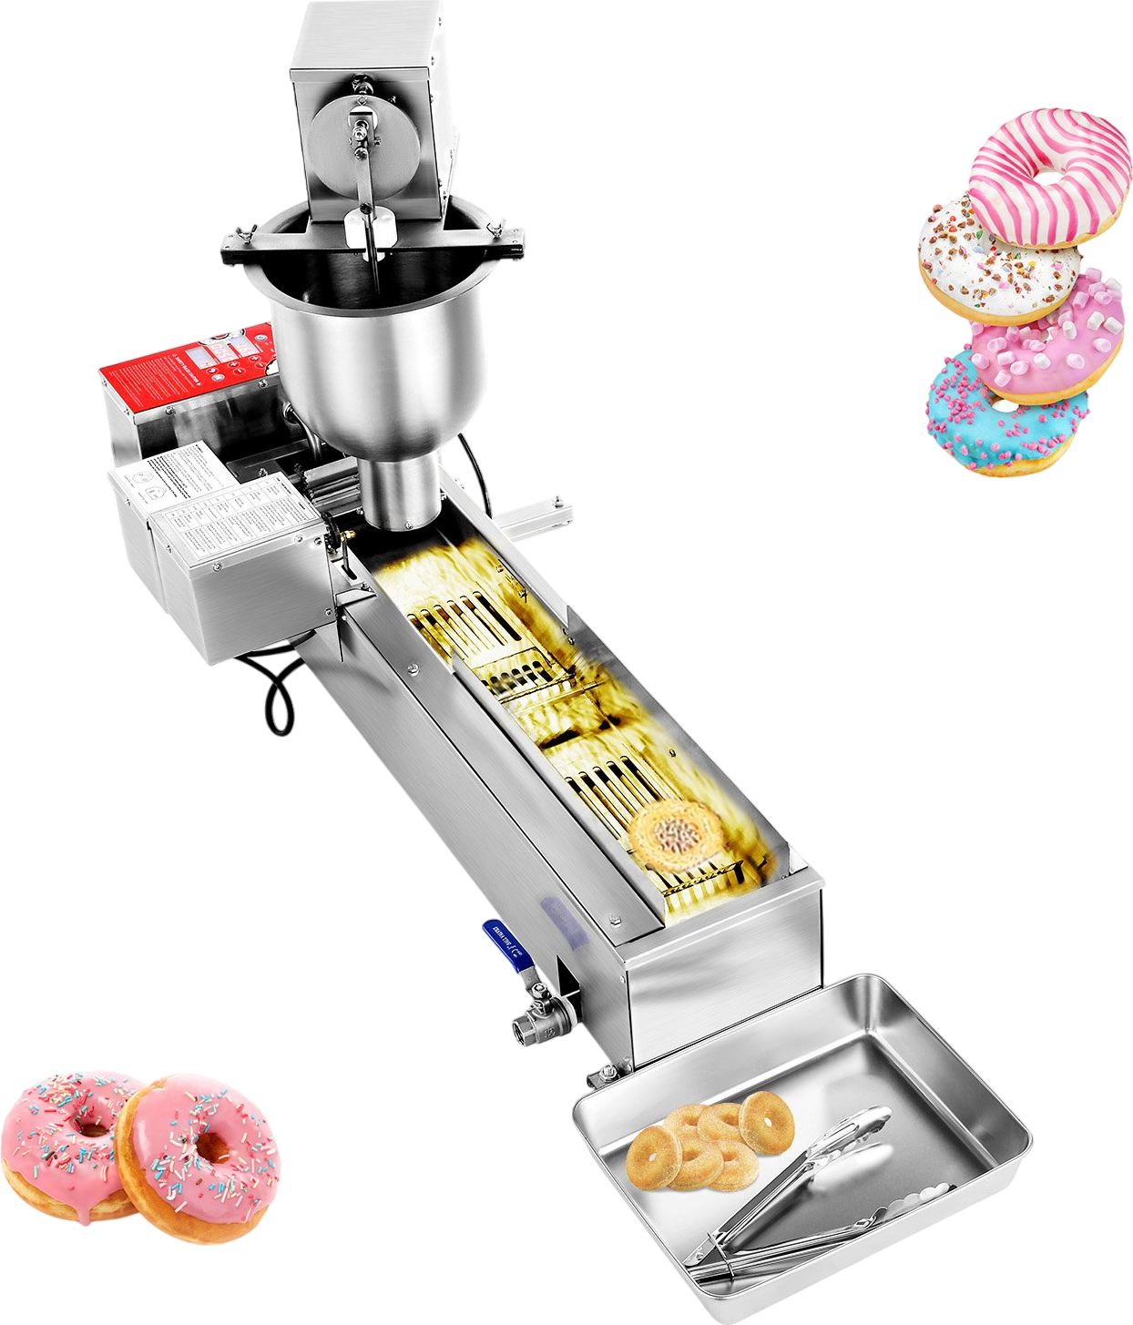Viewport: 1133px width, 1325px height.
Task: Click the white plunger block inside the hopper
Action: click(370, 228)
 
